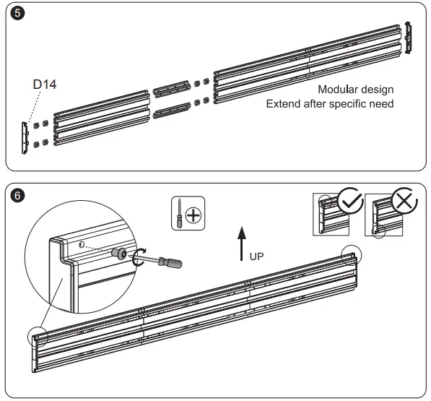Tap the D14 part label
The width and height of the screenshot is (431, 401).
click(45, 85)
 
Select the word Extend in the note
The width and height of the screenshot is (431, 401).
click(284, 104)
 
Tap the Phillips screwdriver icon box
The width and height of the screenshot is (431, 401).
click(188, 213)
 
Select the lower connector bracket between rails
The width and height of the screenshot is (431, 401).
click(173, 111)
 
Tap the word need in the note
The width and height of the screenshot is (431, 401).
click(382, 104)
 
